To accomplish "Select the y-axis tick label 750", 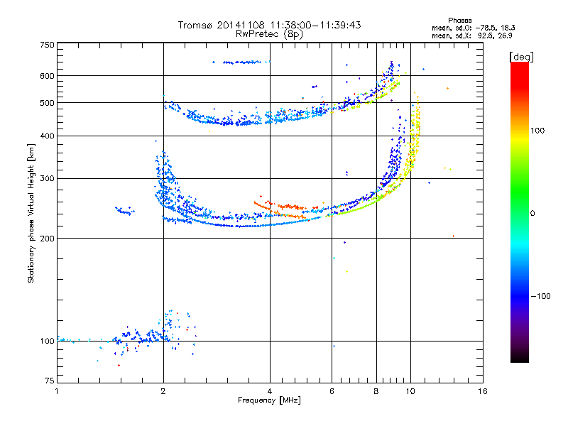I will [47, 45].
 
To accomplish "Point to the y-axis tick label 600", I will [47, 75].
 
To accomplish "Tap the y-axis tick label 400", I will [47, 136].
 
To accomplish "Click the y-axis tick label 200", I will [47, 238].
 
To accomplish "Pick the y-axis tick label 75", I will [49, 383].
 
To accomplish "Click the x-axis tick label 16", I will [482, 391].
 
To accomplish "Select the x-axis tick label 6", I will [332, 391].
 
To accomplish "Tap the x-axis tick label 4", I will [270, 391].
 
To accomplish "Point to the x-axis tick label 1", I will [57, 391].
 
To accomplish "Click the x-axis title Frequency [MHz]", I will [269, 400].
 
